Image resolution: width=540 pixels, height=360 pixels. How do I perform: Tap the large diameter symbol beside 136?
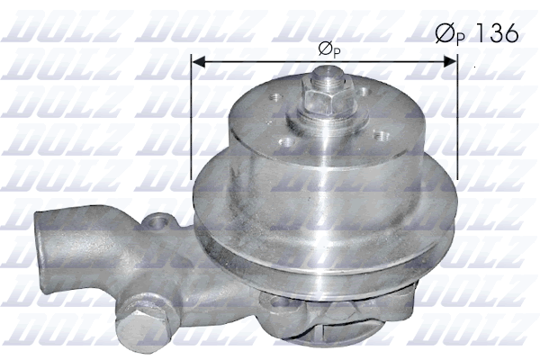[445, 34]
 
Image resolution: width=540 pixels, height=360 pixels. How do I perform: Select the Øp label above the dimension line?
[328, 49]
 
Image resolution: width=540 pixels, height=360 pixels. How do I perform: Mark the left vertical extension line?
[192, 117]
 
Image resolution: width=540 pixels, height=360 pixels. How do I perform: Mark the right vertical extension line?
[456, 117]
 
